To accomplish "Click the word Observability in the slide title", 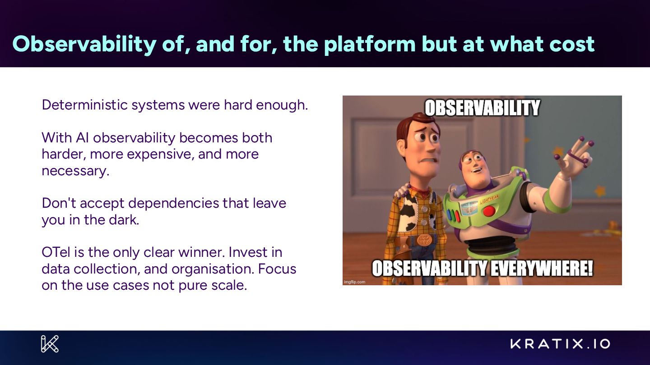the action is pos(84,44).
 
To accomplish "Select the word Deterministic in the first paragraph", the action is pos(85,105).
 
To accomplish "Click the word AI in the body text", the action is pos(82,137).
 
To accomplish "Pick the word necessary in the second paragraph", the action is pos(75,171).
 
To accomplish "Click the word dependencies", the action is pos(173,204).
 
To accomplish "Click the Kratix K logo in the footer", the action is pos(50,344).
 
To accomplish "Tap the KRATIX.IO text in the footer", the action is pos(560,344).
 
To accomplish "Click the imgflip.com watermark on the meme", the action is pos(354,282).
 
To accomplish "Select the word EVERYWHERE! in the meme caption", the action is pos(541,269).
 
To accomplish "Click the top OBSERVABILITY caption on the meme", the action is pos(482,108).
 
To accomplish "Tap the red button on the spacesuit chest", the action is pos(489,211).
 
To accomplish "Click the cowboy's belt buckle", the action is pos(424,240).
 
